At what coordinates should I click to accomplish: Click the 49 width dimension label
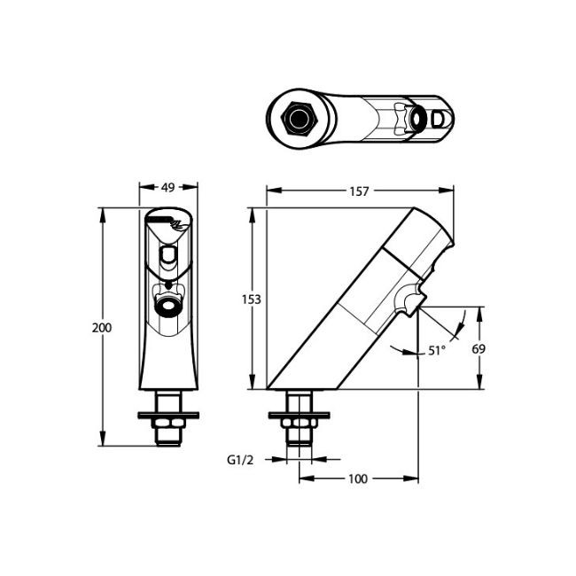tap(167, 188)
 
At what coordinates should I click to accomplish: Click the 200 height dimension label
tap(102, 327)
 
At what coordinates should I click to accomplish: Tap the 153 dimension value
tap(251, 300)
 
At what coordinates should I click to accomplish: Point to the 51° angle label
tap(436, 351)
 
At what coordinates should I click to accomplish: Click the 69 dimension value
tap(478, 349)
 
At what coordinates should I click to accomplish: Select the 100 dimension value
tap(357, 479)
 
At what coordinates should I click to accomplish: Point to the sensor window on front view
tap(167, 258)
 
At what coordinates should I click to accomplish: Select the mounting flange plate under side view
tap(300, 414)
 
